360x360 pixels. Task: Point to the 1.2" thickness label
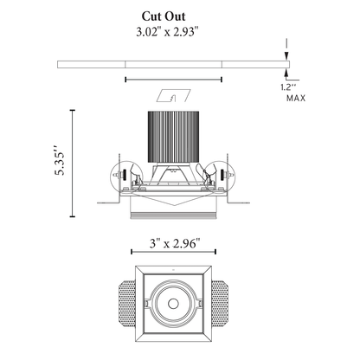click(x=288, y=87)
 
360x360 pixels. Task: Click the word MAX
click(x=295, y=99)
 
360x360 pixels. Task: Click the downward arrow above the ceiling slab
click(x=286, y=54)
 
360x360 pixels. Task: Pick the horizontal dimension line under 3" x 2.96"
click(x=173, y=253)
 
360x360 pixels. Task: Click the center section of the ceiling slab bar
click(x=173, y=63)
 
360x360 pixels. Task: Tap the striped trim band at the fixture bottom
click(x=173, y=213)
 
